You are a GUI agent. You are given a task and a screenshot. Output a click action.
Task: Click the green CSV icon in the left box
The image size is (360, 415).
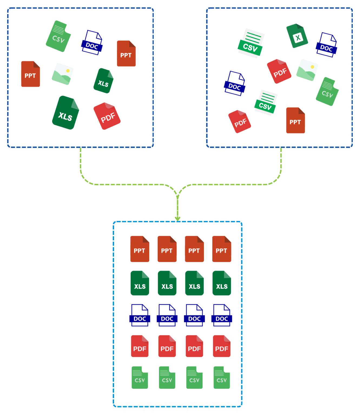pos(58,36)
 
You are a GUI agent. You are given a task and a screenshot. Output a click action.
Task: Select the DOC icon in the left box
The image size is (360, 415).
pos(92,43)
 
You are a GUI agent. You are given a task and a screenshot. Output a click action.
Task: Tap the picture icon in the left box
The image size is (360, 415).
pos(62,74)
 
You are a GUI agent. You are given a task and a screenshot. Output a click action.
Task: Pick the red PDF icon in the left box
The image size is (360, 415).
pos(107,116)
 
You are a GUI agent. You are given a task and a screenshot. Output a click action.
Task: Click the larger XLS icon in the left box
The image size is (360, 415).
pos(65,113)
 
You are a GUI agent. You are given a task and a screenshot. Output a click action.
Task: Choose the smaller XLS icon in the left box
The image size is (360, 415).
pos(103,81)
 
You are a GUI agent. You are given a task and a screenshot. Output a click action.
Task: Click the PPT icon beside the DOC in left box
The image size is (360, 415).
pos(126,53)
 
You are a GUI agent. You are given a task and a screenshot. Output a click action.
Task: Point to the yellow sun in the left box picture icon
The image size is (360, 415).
pos(68,71)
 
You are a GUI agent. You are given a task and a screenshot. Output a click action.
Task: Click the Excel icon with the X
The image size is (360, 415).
pos(297,36)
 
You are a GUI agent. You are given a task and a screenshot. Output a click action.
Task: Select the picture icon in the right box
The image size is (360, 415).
pos(307,70)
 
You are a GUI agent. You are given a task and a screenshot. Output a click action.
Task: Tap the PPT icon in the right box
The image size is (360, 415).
pos(295,121)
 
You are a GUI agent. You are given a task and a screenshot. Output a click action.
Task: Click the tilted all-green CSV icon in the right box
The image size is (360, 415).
pos(327,92)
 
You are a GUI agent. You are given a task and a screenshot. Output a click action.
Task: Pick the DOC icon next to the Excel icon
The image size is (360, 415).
pos(326,45)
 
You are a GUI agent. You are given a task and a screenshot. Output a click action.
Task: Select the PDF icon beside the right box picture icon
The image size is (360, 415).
pos(279,71)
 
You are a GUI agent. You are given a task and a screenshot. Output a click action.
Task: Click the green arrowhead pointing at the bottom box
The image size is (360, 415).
pos(177,218)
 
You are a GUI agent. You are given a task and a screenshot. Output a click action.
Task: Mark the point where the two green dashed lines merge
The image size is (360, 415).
pos(177,195)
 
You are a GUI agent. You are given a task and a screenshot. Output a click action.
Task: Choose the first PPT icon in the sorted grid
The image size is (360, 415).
pos(140,249)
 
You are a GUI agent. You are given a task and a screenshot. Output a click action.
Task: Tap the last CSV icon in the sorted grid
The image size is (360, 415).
pos(222,377)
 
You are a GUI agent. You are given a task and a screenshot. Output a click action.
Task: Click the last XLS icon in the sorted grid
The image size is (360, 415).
pos(222,283)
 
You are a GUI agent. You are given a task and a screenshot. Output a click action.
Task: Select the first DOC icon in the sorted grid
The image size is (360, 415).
pos(140,315)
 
